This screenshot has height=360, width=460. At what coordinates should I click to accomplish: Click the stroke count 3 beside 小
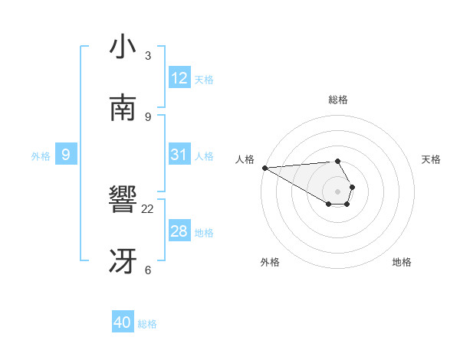pyautogui.click(x=148, y=56)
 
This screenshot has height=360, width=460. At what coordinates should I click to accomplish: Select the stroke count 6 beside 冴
pyautogui.click(x=148, y=270)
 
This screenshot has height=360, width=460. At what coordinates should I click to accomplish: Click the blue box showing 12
pyautogui.click(x=179, y=78)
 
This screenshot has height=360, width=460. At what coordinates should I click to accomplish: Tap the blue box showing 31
pyautogui.click(x=179, y=155)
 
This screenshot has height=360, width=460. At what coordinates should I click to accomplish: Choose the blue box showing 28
pyautogui.click(x=179, y=231)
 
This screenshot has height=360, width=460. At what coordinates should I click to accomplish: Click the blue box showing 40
pyautogui.click(x=123, y=322)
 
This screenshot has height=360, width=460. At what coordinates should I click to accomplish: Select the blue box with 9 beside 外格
pyautogui.click(x=66, y=155)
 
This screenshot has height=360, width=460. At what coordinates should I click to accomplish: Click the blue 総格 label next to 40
pyautogui.click(x=147, y=324)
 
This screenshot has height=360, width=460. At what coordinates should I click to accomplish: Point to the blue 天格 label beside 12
pyautogui.click(x=204, y=80)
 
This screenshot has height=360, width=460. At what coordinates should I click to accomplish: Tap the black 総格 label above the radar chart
pyautogui.click(x=337, y=100)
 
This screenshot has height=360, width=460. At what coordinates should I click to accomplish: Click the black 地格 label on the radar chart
pyautogui.click(x=402, y=262)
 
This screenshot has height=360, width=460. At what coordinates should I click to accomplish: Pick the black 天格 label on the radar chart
pyautogui.click(x=431, y=159)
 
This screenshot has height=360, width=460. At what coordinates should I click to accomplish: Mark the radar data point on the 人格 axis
pyautogui.click(x=264, y=167)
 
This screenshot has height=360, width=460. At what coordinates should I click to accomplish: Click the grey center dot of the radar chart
pyautogui.click(x=337, y=190)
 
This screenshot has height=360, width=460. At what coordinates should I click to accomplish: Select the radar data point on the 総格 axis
pyautogui.click(x=337, y=161)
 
